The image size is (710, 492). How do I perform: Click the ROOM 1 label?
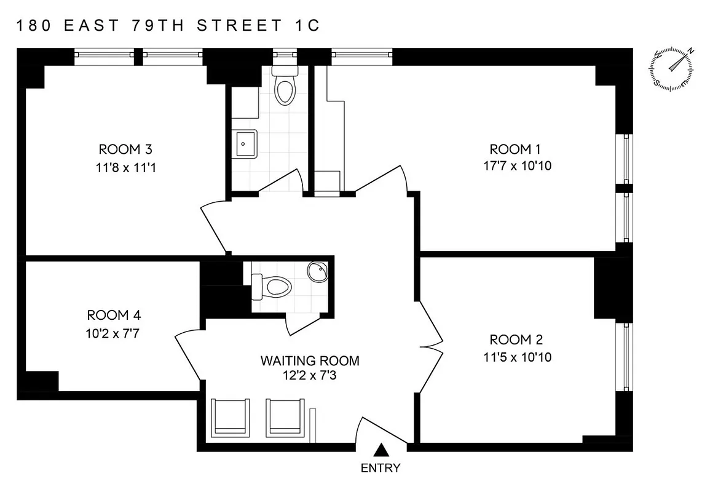(x=510, y=149)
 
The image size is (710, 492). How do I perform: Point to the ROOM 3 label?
(x=125, y=149)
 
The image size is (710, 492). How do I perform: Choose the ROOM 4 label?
(x=114, y=315)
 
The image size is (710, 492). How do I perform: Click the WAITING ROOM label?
(x=310, y=360)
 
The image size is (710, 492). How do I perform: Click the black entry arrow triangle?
(x=381, y=450)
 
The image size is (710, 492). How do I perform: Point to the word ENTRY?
(x=381, y=468)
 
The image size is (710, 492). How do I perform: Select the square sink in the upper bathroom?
(x=245, y=145)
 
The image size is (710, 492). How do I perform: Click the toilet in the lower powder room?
(x=274, y=285)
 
